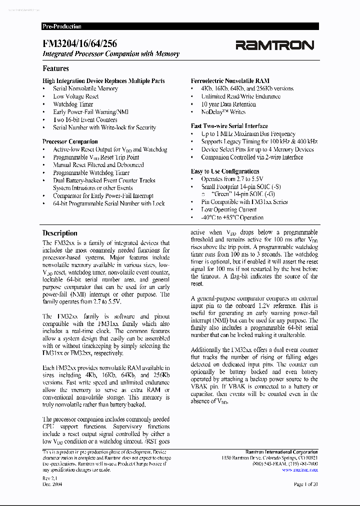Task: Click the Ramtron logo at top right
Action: pyautogui.click(x=275, y=45)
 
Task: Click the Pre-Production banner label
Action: pyautogui.click(x=62, y=26)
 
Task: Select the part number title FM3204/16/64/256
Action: pyautogui.click(x=80, y=44)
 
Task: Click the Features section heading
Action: pyautogui.click(x=55, y=68)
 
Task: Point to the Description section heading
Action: pyautogui.click(x=60, y=233)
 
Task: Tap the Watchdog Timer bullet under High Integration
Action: pyautogui.click(x=73, y=104)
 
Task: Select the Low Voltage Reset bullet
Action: pyautogui.click(x=75, y=96)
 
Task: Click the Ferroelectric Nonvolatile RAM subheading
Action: pyautogui.click(x=230, y=80)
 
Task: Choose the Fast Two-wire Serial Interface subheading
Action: pyautogui.click(x=229, y=126)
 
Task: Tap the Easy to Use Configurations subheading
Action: pyautogui.click(x=225, y=171)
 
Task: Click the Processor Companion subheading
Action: pyautogui.click(x=70, y=141)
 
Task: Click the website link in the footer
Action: pyautogui.click(x=299, y=469)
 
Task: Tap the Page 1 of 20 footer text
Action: pyautogui.click(x=305, y=484)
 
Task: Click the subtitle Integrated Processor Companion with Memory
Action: pyautogui.click(x=111, y=54)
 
